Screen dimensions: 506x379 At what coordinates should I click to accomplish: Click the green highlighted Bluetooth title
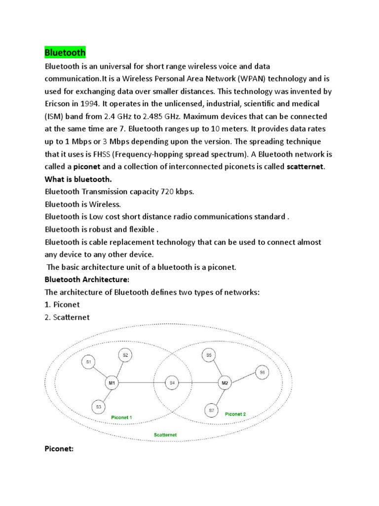[x=65, y=52]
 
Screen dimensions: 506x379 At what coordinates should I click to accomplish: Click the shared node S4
[x=172, y=382]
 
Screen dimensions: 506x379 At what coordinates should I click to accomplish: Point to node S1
[x=89, y=362]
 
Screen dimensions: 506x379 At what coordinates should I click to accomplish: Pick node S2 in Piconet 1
[x=125, y=355]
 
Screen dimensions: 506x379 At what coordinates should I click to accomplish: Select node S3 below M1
[x=99, y=407]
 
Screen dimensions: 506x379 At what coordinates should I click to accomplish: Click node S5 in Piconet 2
[x=209, y=355]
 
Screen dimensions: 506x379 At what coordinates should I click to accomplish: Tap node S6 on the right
[x=262, y=372]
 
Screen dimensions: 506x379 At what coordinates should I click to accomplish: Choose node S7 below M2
[x=211, y=410]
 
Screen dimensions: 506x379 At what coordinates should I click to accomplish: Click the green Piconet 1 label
[x=121, y=417]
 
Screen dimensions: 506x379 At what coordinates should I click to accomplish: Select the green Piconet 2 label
[x=235, y=414]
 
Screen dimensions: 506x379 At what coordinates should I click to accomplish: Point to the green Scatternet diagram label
[x=165, y=435]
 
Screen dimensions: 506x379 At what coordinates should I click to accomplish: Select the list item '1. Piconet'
[x=62, y=305]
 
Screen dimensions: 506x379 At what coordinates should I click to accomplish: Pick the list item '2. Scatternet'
[x=67, y=318]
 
